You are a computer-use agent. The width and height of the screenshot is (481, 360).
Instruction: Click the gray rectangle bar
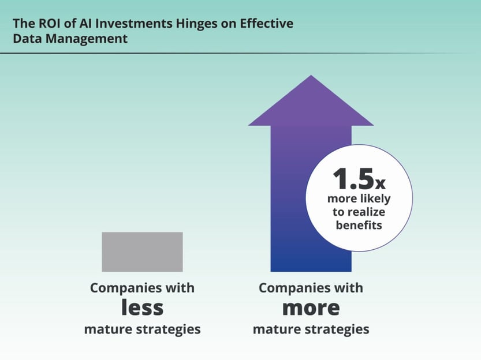point(142,252)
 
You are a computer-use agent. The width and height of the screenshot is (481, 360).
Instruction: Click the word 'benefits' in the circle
point(359,225)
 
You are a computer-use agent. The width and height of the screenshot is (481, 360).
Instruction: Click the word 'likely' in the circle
point(375,198)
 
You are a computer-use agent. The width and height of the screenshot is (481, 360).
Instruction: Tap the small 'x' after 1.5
point(380,185)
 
